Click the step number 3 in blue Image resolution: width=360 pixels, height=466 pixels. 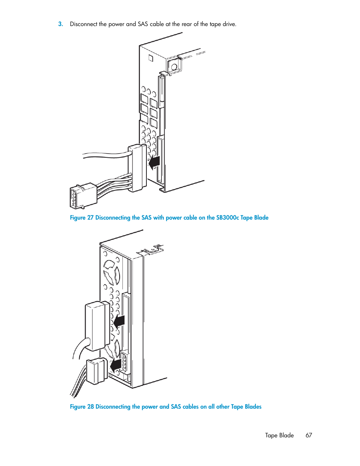coord(61,24)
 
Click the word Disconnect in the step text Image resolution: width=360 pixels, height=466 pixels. coord(84,24)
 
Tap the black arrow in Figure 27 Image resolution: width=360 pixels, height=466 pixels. coord(154,163)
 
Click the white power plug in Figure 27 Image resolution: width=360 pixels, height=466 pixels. coord(83,196)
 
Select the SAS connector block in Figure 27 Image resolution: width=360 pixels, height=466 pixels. coord(137,168)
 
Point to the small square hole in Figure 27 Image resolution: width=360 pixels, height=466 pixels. coord(151,58)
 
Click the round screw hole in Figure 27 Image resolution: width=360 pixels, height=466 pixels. coord(174,67)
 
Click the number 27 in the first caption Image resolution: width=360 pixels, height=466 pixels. coord(90,218)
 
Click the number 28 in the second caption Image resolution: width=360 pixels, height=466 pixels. coord(91,407)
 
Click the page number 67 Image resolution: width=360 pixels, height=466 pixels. coord(309,435)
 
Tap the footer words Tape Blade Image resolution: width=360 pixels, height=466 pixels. coord(279,435)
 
